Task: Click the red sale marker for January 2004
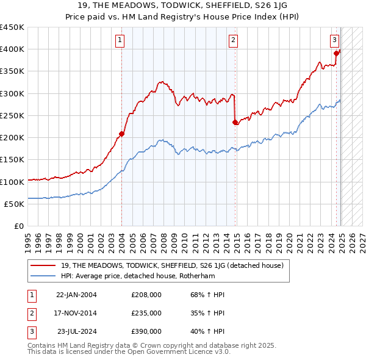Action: (122, 134)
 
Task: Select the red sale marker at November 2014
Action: (235, 122)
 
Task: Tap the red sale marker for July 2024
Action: (336, 54)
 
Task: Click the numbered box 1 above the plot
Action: (120, 41)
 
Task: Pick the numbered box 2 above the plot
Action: (234, 41)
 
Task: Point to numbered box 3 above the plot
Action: (335, 41)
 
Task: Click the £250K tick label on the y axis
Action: (12, 115)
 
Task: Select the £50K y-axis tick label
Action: (14, 204)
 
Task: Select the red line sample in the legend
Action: (44, 265)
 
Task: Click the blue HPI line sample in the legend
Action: (44, 275)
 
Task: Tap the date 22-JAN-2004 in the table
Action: (76, 295)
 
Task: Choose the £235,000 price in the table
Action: (146, 313)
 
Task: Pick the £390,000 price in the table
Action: (146, 331)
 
